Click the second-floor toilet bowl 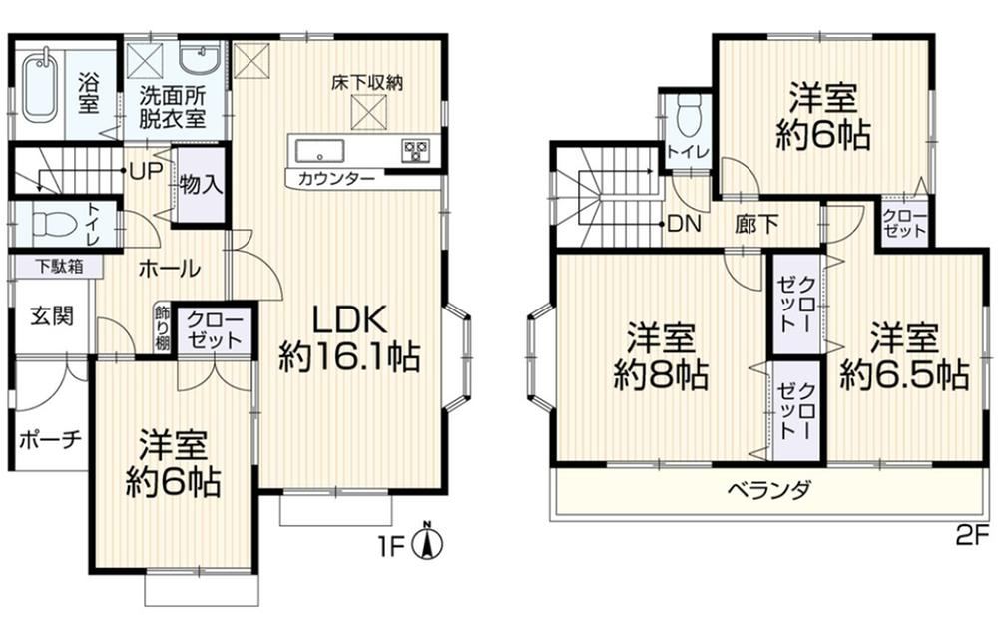688,115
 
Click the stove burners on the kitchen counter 415,151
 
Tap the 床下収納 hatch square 370,111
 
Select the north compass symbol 428,543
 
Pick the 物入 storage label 201,185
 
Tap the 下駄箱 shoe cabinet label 59,266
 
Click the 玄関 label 52,315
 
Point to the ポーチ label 50,440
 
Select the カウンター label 336,178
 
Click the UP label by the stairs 145,171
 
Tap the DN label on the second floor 685,224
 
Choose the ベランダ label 768,490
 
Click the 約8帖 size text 661,376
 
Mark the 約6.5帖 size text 904,375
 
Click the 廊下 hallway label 756,224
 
